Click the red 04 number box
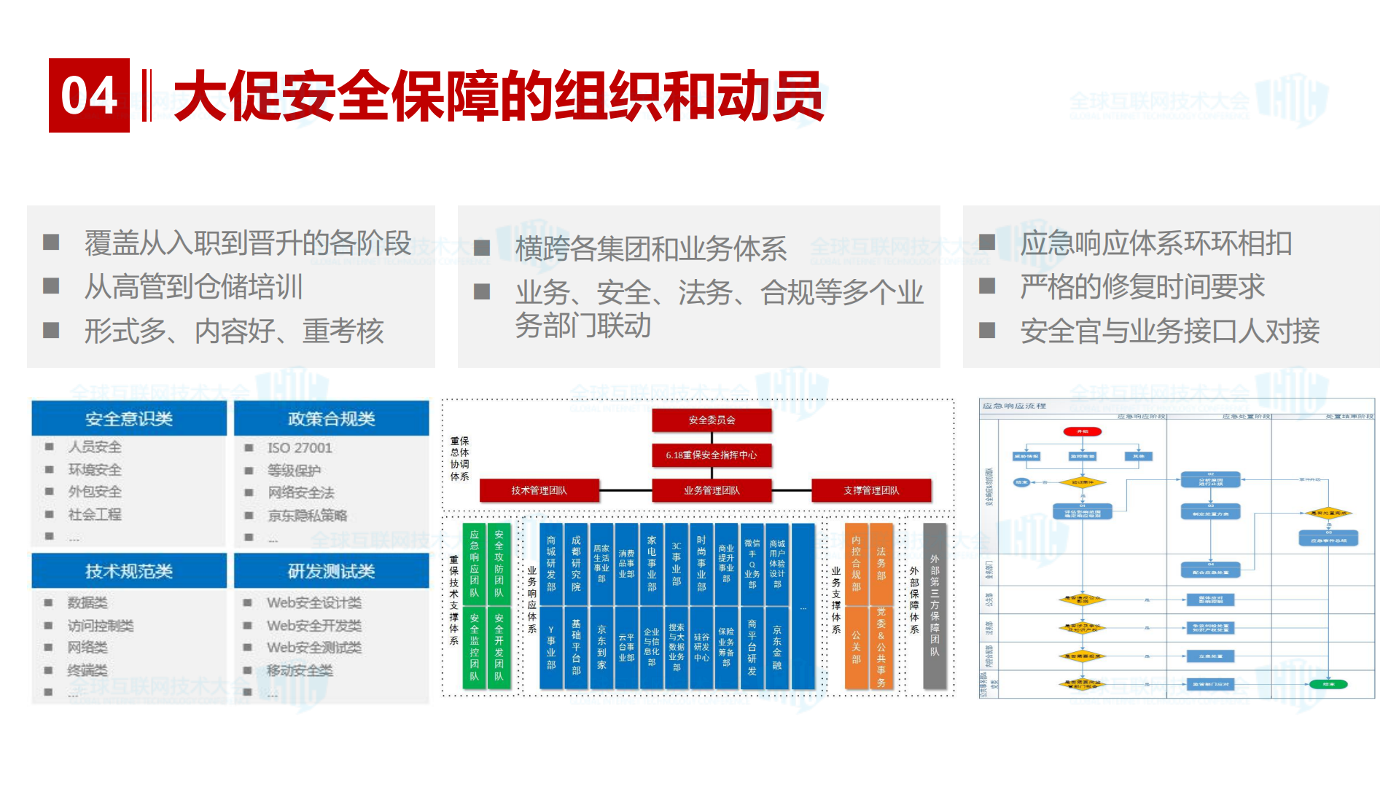click(x=89, y=95)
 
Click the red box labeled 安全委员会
click(x=712, y=420)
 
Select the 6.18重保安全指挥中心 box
click(x=712, y=455)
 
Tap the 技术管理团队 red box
click(x=539, y=490)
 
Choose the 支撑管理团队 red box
click(x=871, y=490)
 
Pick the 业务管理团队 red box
click(x=712, y=490)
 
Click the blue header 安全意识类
click(x=129, y=419)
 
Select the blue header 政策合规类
click(x=331, y=419)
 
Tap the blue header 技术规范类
click(x=129, y=571)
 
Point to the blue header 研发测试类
click(x=331, y=571)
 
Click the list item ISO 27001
click(x=299, y=448)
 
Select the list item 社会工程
click(x=95, y=514)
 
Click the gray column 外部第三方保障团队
click(x=934, y=605)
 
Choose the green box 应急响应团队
click(x=475, y=563)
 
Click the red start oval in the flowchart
click(x=1082, y=432)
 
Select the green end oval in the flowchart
click(x=1328, y=684)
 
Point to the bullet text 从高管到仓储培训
click(x=193, y=287)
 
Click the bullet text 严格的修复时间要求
click(x=1142, y=287)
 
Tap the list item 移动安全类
click(x=299, y=670)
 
